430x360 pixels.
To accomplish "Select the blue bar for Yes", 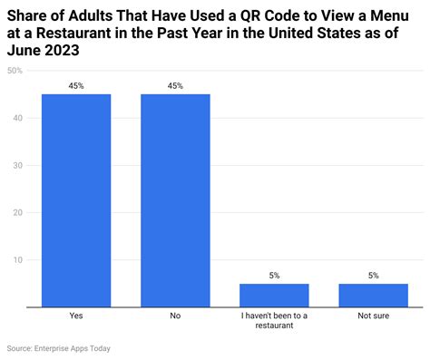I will pyautogui.click(x=76, y=200).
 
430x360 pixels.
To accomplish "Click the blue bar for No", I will pyautogui.click(x=175, y=200).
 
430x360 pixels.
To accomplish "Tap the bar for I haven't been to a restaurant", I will pyautogui.click(x=274, y=296).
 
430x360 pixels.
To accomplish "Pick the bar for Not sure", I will pyautogui.click(x=373, y=296).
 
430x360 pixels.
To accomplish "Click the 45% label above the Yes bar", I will pyautogui.click(x=76, y=86).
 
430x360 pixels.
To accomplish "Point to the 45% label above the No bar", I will pyautogui.click(x=175, y=86).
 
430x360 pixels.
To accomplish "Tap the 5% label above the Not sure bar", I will pyautogui.click(x=373, y=276).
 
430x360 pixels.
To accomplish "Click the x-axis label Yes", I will pyautogui.click(x=76, y=316).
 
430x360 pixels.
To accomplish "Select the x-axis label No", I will pyautogui.click(x=175, y=316).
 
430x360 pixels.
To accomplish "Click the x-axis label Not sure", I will pyautogui.click(x=373, y=316).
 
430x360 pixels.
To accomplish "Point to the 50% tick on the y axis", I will pyautogui.click(x=15, y=71).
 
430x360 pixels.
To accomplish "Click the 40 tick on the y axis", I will pyautogui.click(x=17, y=118).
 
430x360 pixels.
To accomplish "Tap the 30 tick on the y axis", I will pyautogui.click(x=17, y=165).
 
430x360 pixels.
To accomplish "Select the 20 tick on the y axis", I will pyautogui.click(x=17, y=212).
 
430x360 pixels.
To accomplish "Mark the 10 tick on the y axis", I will pyautogui.click(x=17, y=260).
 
